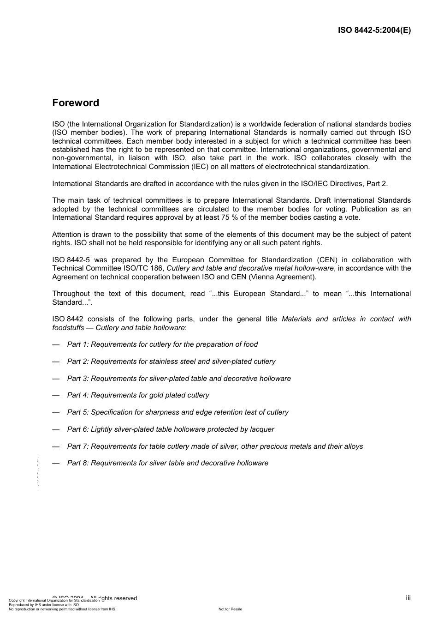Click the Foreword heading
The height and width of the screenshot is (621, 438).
click(x=76, y=103)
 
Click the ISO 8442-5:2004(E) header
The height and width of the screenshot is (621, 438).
click(x=374, y=30)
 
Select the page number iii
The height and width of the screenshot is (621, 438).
click(x=408, y=598)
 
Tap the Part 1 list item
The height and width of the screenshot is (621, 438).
click(x=162, y=344)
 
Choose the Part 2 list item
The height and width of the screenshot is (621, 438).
click(x=171, y=362)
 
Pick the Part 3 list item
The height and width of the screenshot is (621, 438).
click(x=179, y=379)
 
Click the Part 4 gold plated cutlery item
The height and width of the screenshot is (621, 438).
click(x=138, y=395)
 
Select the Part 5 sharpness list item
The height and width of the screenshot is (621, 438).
click(x=178, y=412)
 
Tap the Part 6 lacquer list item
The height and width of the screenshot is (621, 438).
click(x=171, y=429)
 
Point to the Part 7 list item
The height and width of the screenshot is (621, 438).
click(x=215, y=446)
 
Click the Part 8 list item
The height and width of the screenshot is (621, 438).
click(x=167, y=463)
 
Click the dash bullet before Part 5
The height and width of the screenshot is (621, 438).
click(x=56, y=412)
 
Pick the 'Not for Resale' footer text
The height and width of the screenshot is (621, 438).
click(x=230, y=609)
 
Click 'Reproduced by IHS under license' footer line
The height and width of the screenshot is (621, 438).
click(x=44, y=604)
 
